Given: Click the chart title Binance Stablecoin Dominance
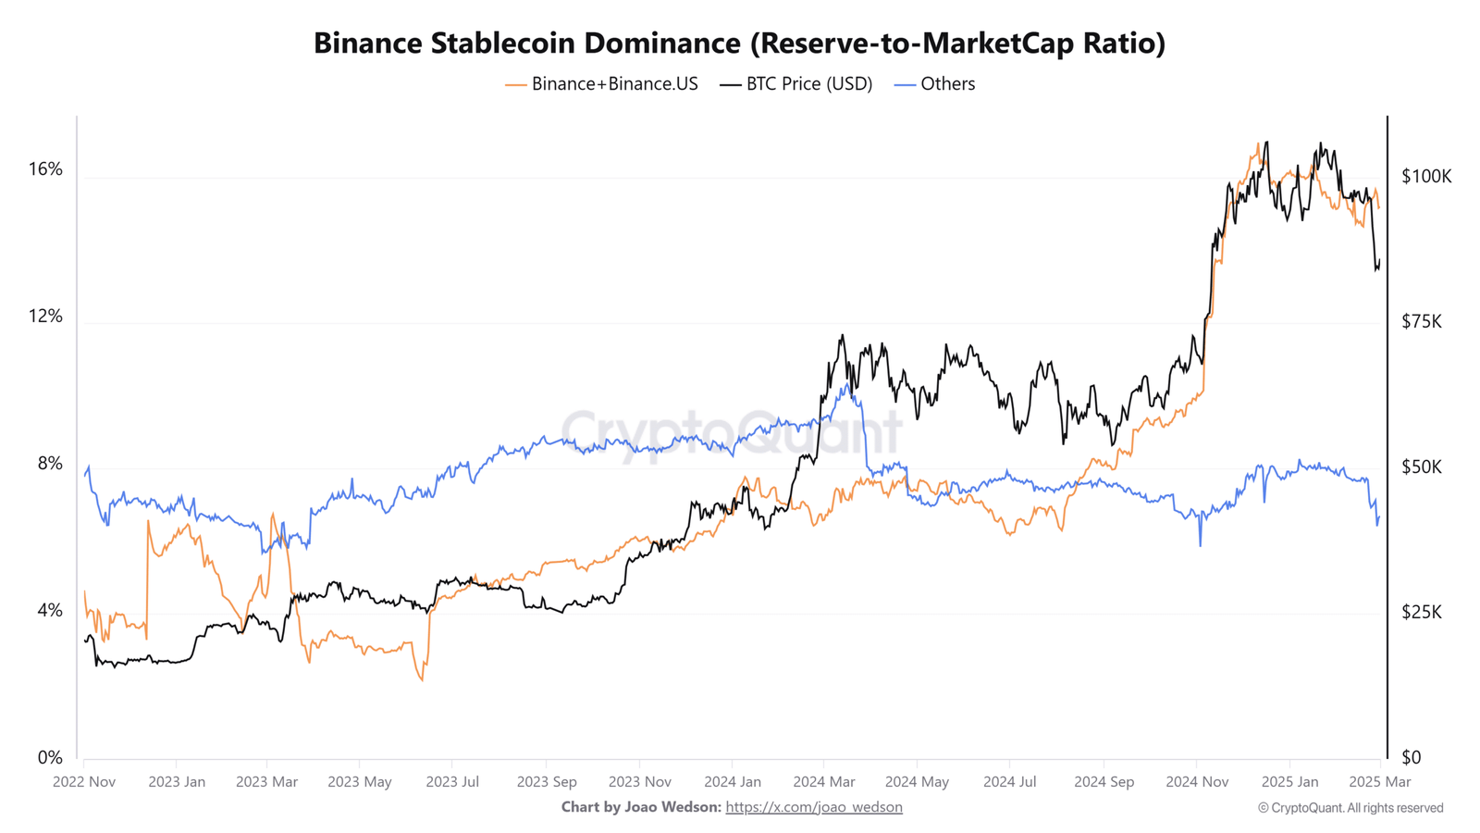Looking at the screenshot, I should point(739,43).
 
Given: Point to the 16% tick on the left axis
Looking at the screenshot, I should point(45,169).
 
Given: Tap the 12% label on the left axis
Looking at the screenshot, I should point(45,317).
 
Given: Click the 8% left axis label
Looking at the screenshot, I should point(50,464).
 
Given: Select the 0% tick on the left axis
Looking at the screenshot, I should point(50,758).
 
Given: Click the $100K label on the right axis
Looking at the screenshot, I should point(1426,176).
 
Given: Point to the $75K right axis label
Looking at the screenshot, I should point(1422,322).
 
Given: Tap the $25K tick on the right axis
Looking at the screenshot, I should point(1422,613).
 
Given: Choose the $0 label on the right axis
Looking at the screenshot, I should point(1412,758).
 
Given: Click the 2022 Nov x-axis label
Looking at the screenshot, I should point(84,782).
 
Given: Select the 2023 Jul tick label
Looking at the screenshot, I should point(452,782).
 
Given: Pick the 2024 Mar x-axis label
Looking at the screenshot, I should point(823,782).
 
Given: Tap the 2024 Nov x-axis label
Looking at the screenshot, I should point(1197,782).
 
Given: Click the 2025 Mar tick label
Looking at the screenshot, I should point(1380,782).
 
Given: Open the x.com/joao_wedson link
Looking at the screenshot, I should point(814,807).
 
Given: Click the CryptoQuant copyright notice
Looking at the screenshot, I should point(1350,808).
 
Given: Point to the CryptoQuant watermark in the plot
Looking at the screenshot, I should point(731,431).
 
